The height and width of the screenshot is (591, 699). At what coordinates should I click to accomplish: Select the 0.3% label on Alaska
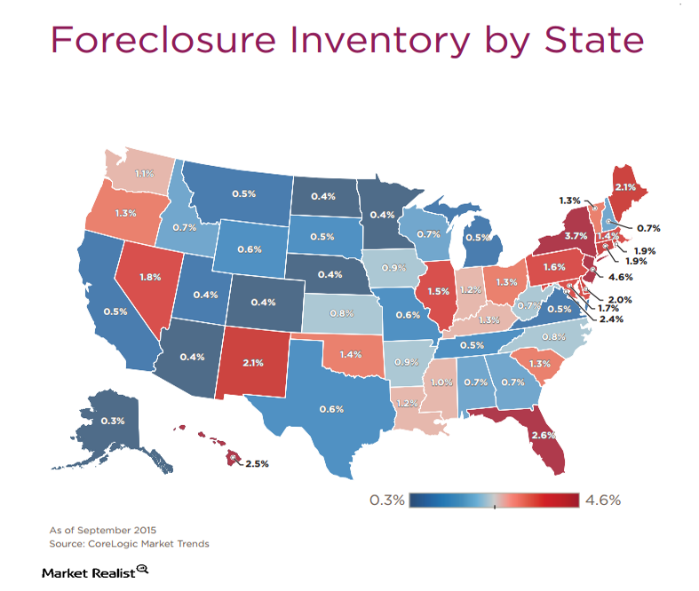tap(112, 421)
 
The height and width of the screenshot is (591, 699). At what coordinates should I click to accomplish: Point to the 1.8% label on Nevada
tap(149, 277)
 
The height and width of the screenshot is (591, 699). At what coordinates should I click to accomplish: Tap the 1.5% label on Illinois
tap(438, 291)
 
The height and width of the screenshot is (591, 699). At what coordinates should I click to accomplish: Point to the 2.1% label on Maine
tap(625, 187)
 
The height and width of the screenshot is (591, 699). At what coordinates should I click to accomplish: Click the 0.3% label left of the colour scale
tap(386, 500)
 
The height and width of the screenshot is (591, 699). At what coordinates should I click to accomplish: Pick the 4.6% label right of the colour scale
tap(602, 500)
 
